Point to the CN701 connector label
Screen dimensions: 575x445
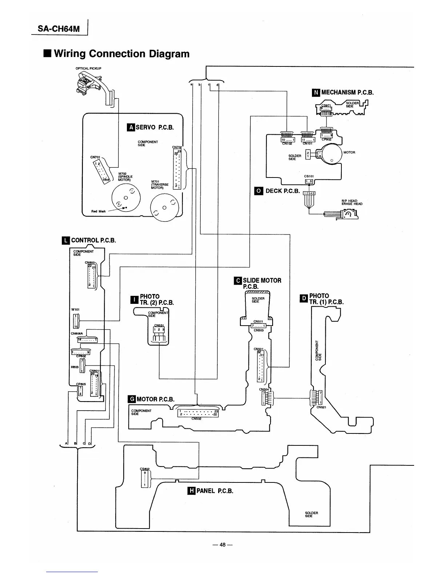(x=95, y=157)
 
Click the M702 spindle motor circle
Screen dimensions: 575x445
(x=126, y=197)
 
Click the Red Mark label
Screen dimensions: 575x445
(x=99, y=211)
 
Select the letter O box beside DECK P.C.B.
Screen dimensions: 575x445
(x=258, y=191)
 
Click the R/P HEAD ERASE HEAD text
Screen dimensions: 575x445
(x=352, y=202)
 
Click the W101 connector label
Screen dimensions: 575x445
(x=75, y=309)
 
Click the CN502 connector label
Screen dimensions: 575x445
(x=197, y=418)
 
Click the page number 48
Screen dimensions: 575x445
(x=222, y=545)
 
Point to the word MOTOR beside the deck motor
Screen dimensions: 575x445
(x=349, y=152)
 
